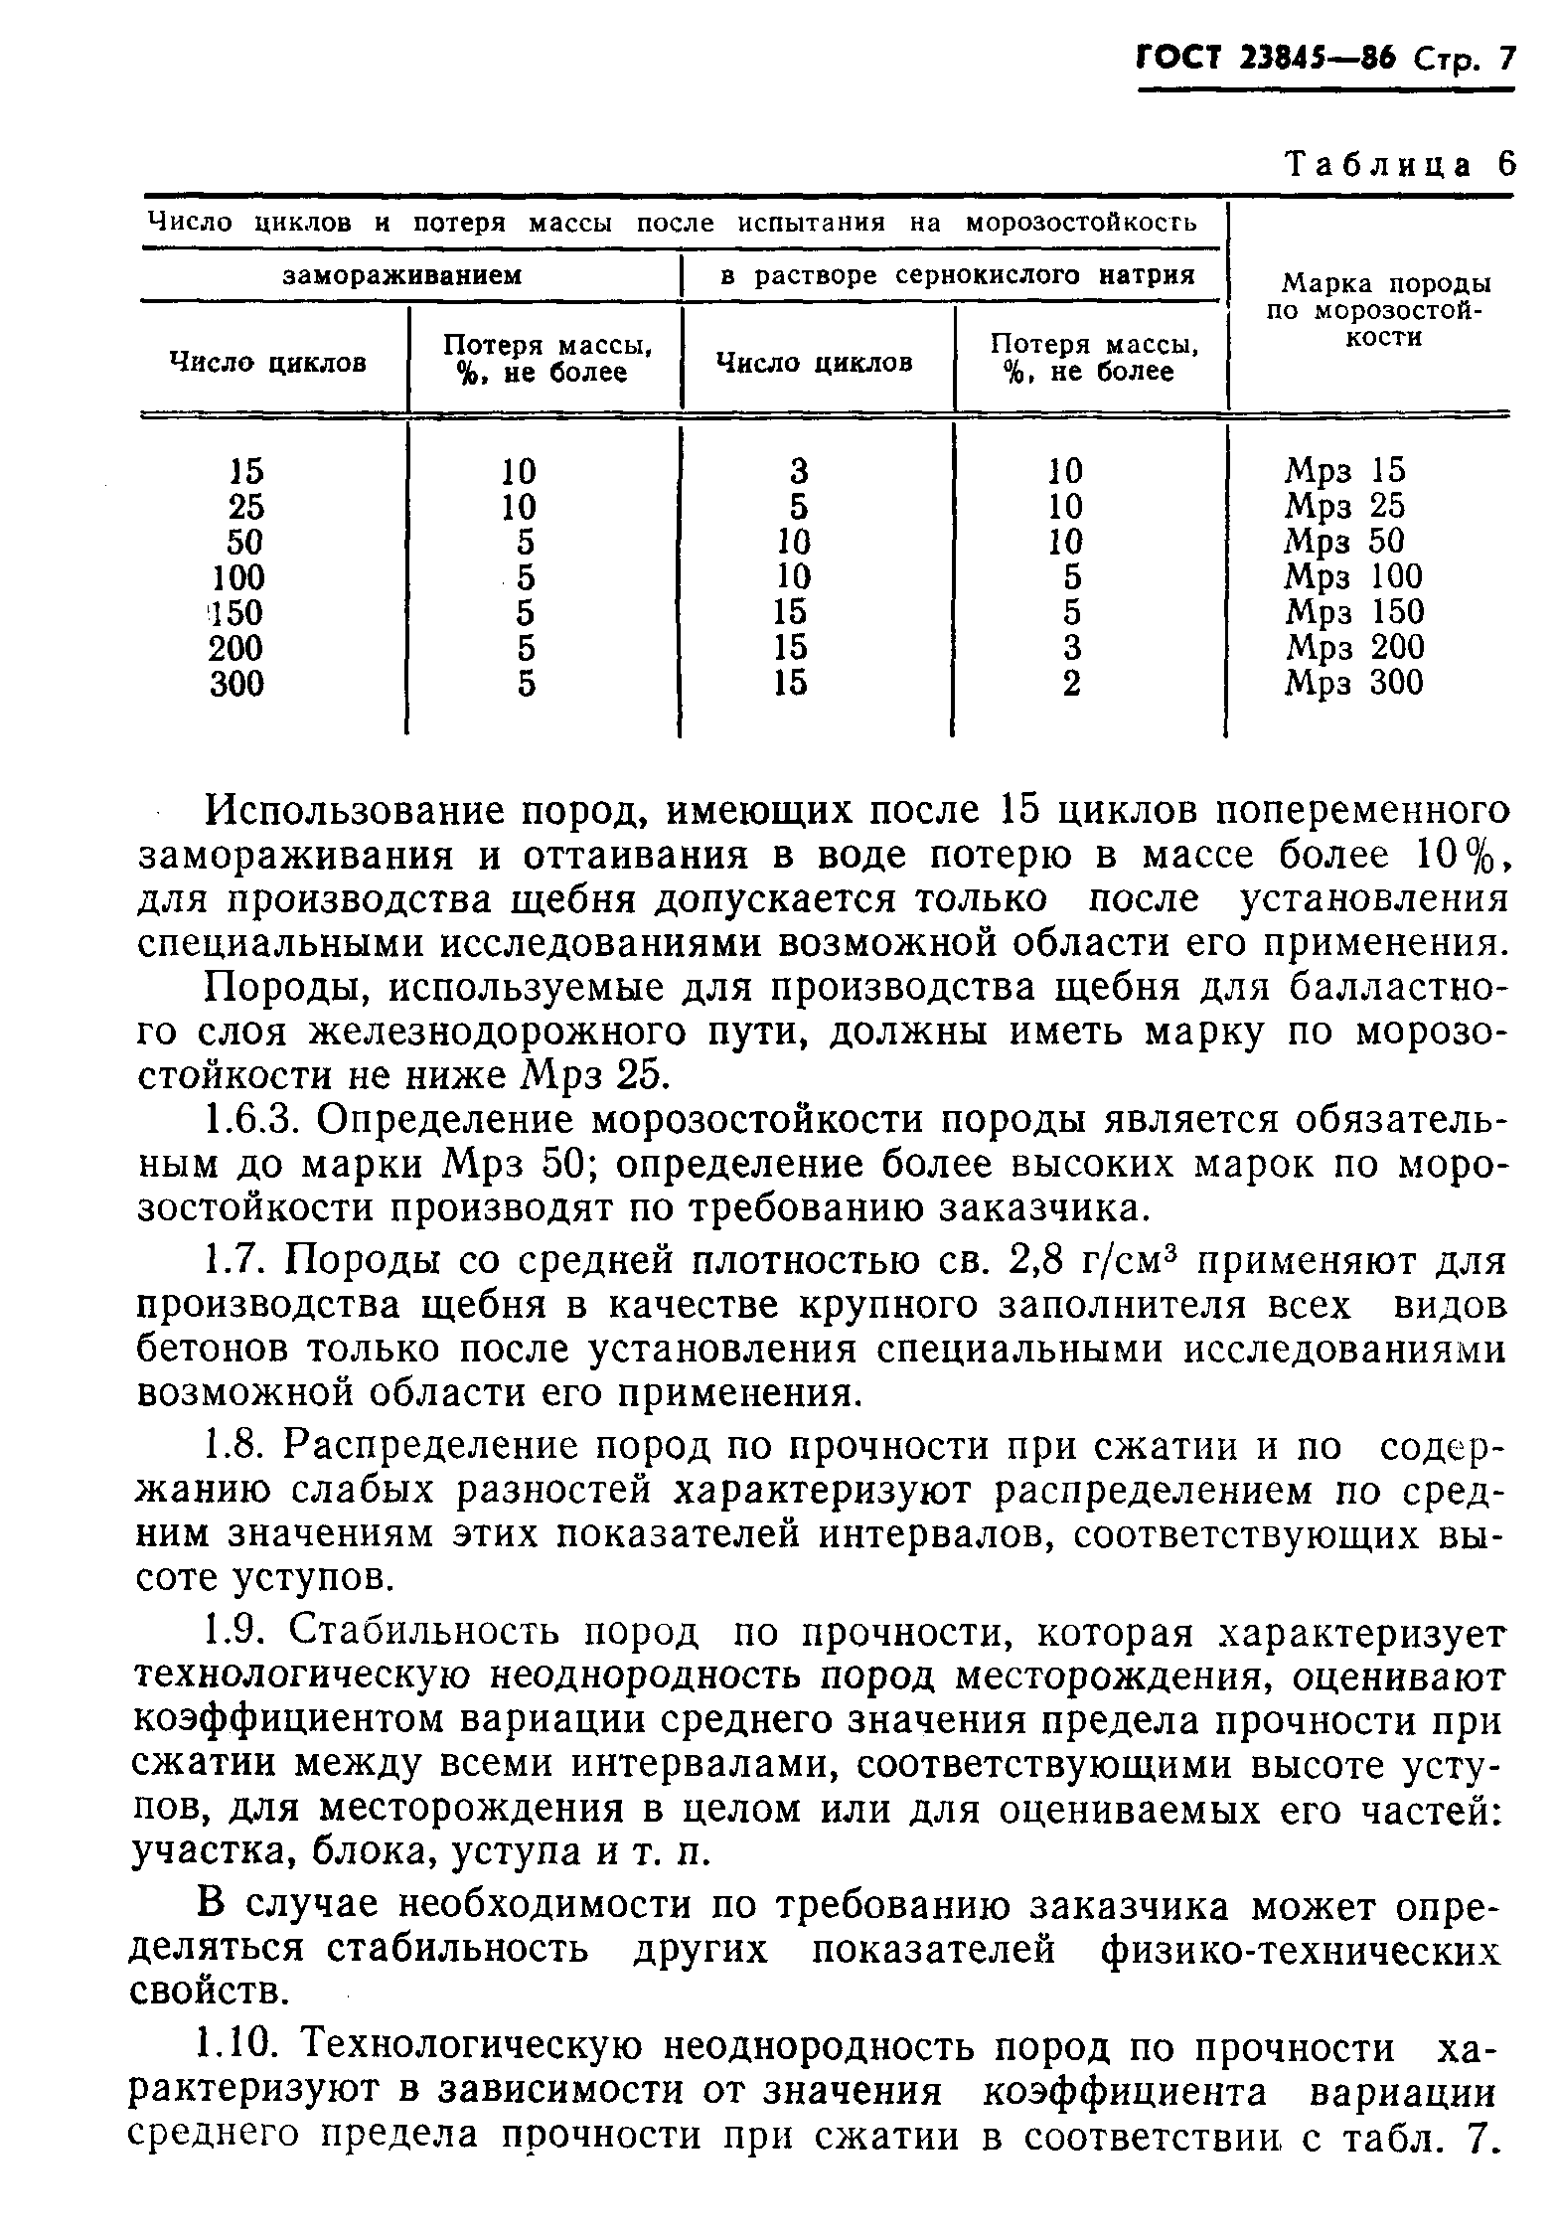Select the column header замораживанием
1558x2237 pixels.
click(x=402, y=275)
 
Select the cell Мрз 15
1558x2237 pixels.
click(x=1346, y=470)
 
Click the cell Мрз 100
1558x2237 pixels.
click(x=1354, y=576)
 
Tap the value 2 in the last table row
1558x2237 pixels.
click(x=1071, y=684)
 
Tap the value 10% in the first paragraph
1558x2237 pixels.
click(x=1453, y=855)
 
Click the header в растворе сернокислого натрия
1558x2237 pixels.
click(x=956, y=275)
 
